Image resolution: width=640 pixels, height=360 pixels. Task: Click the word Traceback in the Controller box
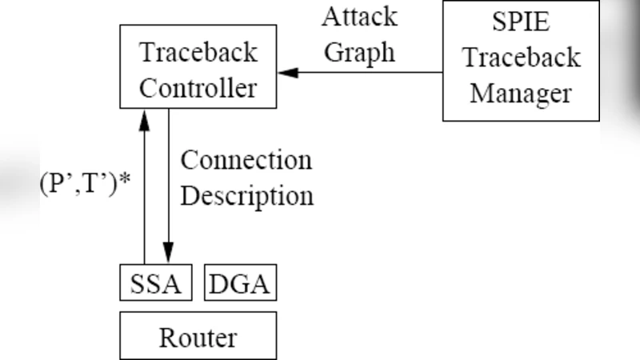pyautogui.click(x=198, y=53)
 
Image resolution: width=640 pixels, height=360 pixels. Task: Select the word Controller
pyautogui.click(x=198, y=86)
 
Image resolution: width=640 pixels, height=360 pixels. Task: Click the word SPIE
pyautogui.click(x=521, y=22)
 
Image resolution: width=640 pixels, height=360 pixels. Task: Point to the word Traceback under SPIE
pyautogui.click(x=521, y=58)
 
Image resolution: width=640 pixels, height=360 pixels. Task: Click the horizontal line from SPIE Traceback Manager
pyautogui.click(x=368, y=73)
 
